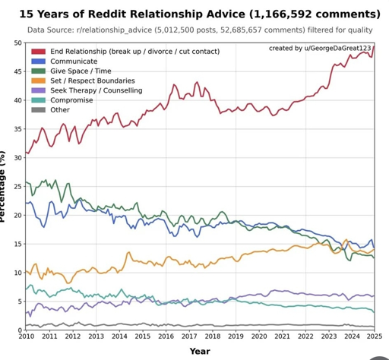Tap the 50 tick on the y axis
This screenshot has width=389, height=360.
coord(17,43)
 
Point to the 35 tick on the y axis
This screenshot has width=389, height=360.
coord(17,129)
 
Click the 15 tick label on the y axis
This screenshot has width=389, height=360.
coord(17,244)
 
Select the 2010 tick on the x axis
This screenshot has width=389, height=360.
coord(26,336)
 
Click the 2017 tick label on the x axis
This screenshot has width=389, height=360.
coord(188,336)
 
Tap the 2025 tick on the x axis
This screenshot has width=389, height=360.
coord(374,336)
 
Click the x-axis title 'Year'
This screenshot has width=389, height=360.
coord(200,351)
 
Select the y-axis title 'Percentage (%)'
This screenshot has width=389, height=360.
coord(5,187)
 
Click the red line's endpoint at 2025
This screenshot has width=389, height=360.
coord(374,47)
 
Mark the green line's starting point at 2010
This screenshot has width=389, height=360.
coord(26,182)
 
